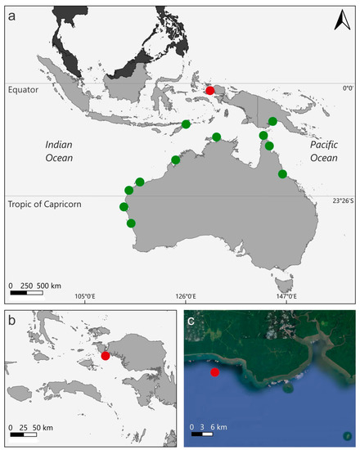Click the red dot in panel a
pyautogui.click(x=210, y=91)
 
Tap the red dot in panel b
pyautogui.click(x=106, y=355)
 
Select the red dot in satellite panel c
pyautogui.click(x=214, y=372)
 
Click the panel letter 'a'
pyautogui.click(x=11, y=11)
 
